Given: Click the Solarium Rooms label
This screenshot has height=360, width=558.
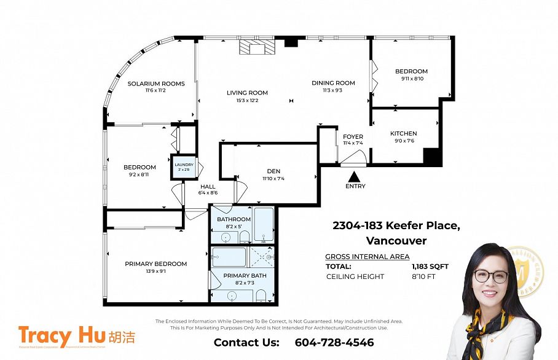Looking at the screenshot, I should [x=156, y=84].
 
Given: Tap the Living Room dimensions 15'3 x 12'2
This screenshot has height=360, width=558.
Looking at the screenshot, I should [x=247, y=100].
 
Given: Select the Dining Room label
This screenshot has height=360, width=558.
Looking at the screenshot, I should [x=333, y=83].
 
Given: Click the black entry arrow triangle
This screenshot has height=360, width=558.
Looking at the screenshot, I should [x=355, y=176].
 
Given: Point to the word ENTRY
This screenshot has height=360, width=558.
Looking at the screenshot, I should [x=355, y=186].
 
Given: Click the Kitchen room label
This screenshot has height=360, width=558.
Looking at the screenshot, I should [x=403, y=133].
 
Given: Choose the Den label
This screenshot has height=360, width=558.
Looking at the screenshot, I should [x=273, y=171].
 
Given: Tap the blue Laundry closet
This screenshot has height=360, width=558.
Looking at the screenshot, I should [x=184, y=167].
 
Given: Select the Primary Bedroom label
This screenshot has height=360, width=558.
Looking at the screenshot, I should [x=155, y=264].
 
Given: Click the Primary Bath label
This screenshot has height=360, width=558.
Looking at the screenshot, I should [x=245, y=276].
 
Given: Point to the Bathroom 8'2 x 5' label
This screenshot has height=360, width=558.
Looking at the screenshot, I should [x=234, y=219].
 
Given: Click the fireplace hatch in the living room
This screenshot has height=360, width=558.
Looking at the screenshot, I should [x=256, y=48].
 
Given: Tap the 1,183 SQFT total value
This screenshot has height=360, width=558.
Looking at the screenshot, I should [x=430, y=267].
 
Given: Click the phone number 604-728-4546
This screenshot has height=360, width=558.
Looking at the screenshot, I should [x=334, y=342].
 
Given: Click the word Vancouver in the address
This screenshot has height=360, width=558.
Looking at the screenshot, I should [x=396, y=240].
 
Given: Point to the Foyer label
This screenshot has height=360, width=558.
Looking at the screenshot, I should [x=353, y=136].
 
